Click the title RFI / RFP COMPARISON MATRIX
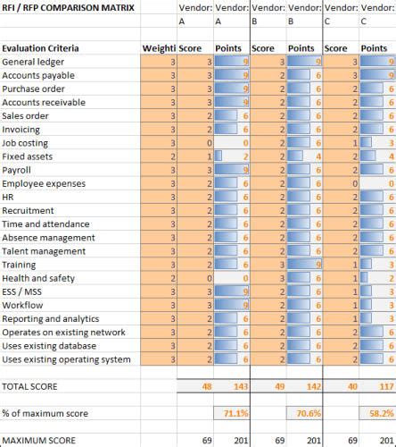click(x=69, y=7)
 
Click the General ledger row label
click(x=34, y=62)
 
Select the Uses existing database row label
click(x=54, y=345)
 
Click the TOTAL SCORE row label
click(x=32, y=387)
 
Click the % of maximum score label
click(x=48, y=414)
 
